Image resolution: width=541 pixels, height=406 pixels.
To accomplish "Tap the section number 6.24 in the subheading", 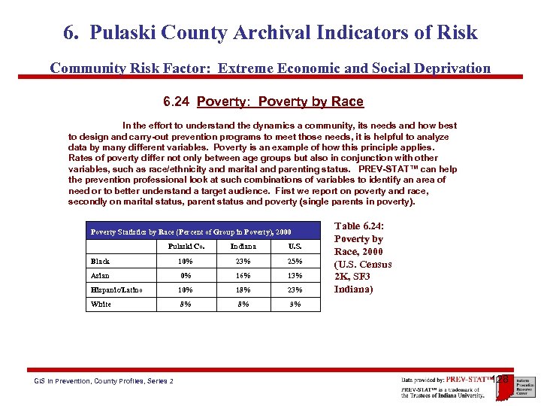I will (x=177, y=101).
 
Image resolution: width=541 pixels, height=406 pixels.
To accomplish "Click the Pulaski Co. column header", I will (x=185, y=246).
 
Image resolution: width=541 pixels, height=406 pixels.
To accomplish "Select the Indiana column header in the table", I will (x=243, y=246).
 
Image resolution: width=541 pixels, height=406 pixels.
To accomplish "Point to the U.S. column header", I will (x=295, y=246).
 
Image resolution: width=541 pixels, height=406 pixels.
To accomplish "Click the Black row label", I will (x=100, y=261).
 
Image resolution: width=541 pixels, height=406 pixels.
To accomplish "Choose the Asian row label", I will (x=100, y=275).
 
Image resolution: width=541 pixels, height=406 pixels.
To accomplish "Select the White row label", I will (x=101, y=304).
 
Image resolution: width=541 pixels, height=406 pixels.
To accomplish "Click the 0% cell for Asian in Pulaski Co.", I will (x=185, y=275).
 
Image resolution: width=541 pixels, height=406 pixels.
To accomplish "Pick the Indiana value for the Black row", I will (x=243, y=261).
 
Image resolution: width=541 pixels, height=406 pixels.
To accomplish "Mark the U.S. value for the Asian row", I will (x=295, y=275).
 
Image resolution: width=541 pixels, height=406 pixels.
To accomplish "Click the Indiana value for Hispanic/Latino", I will (x=243, y=289).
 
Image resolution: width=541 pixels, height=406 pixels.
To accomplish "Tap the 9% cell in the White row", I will (x=295, y=304).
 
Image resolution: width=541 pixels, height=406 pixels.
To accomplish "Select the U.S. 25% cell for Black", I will (x=295, y=261).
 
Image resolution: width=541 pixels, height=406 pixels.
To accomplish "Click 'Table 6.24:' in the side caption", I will (x=357, y=226).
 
